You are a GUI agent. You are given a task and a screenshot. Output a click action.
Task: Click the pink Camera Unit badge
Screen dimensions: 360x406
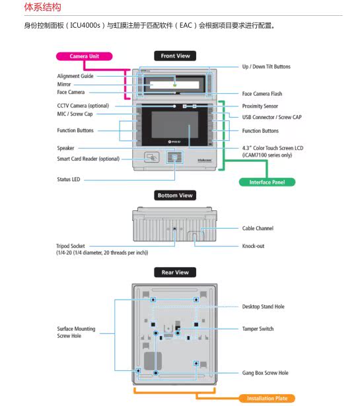pos(85,56)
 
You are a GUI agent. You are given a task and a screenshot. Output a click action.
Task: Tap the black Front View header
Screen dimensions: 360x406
pos(175,56)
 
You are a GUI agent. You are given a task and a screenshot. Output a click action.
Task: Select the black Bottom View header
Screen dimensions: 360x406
pos(175,195)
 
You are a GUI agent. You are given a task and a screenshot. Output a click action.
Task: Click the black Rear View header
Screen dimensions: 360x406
pos(175,272)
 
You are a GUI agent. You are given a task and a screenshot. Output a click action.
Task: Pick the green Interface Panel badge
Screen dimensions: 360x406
pos(267,182)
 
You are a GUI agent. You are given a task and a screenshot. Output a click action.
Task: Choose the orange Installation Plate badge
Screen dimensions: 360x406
pos(267,398)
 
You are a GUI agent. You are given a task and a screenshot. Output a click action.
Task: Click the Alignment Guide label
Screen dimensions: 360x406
pos(75,76)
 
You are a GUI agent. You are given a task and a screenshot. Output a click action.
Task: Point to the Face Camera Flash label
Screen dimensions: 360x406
pos(262,94)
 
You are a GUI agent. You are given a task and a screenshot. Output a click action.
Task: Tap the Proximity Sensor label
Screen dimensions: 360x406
pos(260,106)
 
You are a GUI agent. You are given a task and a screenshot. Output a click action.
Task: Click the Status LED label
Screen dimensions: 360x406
pos(69,179)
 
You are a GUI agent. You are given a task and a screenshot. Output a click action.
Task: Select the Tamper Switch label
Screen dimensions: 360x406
pos(258,329)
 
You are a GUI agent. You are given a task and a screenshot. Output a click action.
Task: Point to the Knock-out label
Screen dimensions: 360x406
pos(253,246)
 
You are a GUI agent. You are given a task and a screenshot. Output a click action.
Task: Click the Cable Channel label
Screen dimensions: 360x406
pos(258,228)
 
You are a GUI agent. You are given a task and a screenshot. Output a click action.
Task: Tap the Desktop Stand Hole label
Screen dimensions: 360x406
pos(263,307)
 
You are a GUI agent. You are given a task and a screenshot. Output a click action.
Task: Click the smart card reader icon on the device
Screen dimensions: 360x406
pos(151,157)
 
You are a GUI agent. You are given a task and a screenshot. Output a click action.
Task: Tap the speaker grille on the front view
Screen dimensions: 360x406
pos(174,157)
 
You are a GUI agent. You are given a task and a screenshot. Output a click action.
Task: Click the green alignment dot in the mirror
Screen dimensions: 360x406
pos(175,85)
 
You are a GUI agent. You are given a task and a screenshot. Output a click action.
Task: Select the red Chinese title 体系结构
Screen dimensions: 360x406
pos(43,7)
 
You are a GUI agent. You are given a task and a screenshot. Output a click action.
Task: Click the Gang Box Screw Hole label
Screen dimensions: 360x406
pos(265,373)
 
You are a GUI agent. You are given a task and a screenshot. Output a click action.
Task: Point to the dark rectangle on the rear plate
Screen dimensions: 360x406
pos(153,361)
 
